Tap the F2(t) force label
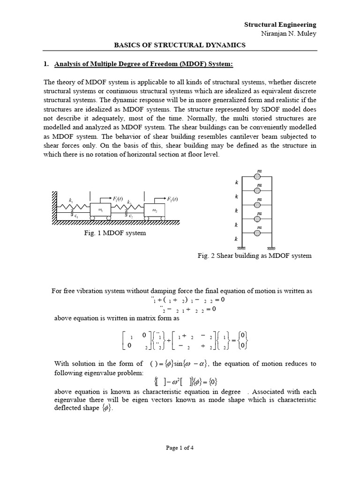coord(172,199)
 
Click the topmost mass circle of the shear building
coord(257,177)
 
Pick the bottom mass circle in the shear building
coord(257,232)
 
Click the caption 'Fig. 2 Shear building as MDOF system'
coord(255,256)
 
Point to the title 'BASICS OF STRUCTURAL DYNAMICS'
coord(180,45)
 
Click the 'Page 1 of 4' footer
coord(180,448)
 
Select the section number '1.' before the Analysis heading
coord(46,64)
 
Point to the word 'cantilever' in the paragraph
coord(231,136)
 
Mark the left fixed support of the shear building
coord(242,248)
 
